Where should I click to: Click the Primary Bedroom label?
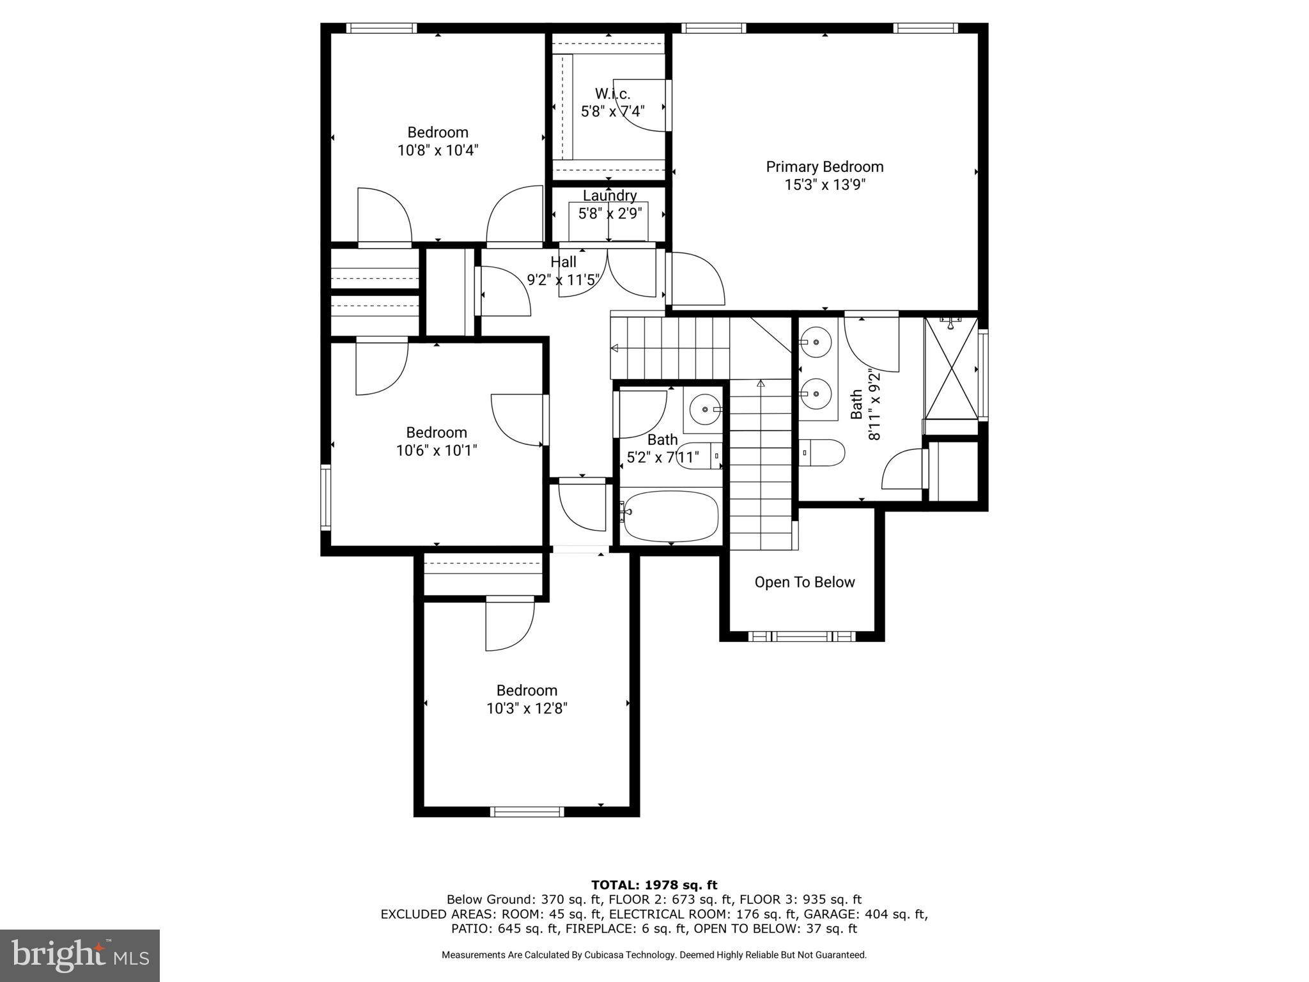(x=825, y=167)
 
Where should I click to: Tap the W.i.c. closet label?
(x=612, y=94)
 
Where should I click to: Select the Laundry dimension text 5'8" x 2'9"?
(x=610, y=213)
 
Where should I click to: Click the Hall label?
(x=563, y=262)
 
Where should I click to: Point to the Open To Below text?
(x=804, y=582)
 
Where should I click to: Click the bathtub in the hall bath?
(x=671, y=515)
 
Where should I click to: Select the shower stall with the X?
(x=951, y=369)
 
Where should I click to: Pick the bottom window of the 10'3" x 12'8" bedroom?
(x=527, y=811)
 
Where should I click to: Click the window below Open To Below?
(x=802, y=636)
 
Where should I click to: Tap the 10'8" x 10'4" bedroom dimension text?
(x=438, y=151)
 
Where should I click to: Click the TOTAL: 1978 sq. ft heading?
(x=654, y=885)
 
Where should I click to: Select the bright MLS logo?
(x=80, y=956)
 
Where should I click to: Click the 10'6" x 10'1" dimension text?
(x=437, y=451)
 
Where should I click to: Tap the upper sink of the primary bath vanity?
(x=816, y=343)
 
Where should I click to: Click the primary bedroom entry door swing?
(x=697, y=280)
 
